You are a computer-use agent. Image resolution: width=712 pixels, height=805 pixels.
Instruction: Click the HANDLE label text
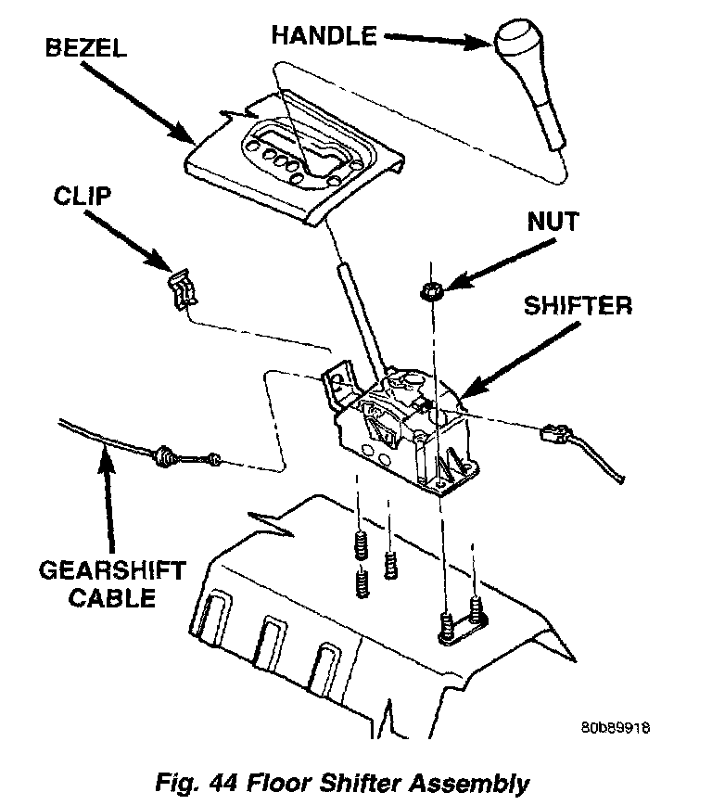coord(324,36)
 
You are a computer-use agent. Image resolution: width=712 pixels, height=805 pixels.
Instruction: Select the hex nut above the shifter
coord(430,291)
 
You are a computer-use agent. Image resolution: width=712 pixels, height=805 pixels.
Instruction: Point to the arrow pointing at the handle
coord(436,39)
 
